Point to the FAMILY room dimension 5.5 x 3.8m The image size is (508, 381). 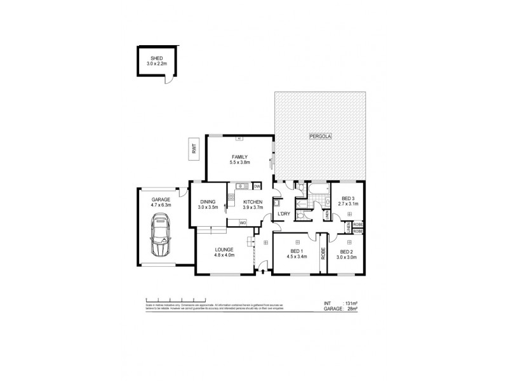pos(240,163)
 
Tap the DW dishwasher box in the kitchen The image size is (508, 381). pos(257,186)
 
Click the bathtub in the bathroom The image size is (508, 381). pos(316,189)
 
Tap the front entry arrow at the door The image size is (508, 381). pos(264,271)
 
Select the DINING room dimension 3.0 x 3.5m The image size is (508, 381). pos(208,208)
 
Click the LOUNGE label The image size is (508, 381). pos(224,250)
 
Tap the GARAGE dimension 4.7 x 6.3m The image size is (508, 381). pos(161,205)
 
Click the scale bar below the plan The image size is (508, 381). pos(176,298)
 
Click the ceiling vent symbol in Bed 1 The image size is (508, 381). pos(297,242)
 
